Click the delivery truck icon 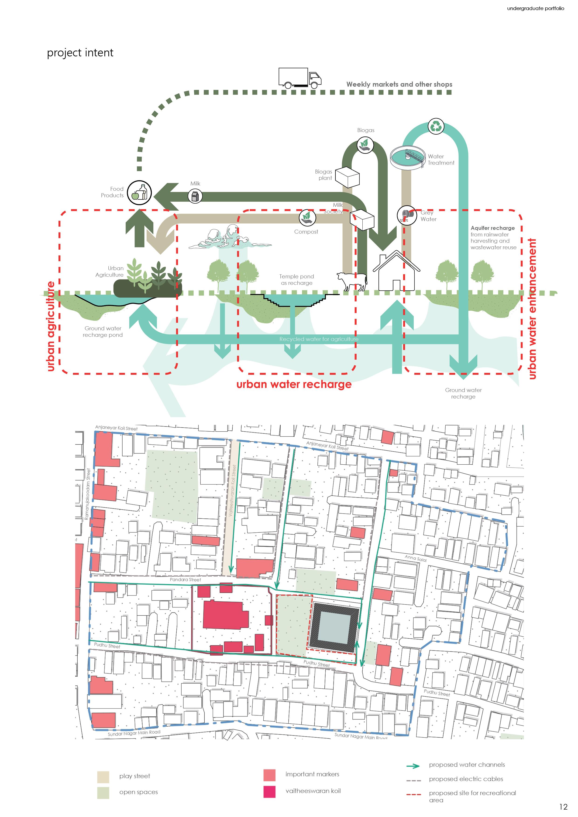[300, 78]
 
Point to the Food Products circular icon [140, 193]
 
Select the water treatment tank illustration [408, 157]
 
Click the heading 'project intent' [80, 53]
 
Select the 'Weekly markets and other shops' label [399, 84]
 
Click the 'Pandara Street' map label [185, 580]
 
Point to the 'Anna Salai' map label [416, 558]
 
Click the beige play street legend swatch [103, 777]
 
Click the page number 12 [563, 807]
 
